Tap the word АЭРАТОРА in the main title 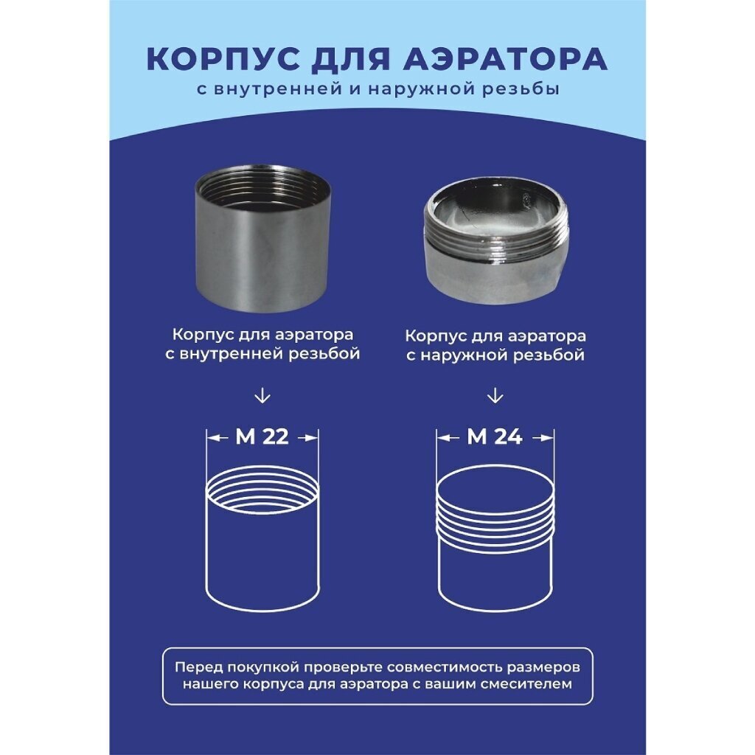pyautogui.click(x=504, y=59)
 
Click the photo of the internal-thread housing pyautogui.click(x=262, y=238)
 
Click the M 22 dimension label pyautogui.click(x=262, y=437)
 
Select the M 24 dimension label pyautogui.click(x=495, y=437)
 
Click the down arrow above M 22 pyautogui.click(x=262, y=396)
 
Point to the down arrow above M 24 pyautogui.click(x=495, y=396)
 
